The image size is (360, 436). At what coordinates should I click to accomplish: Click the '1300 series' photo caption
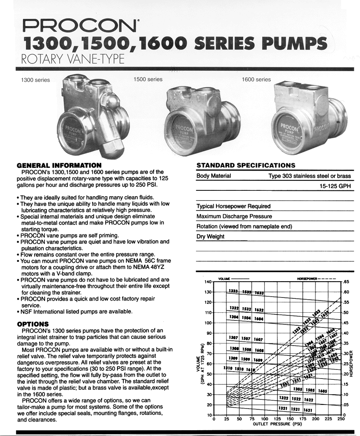[x=36, y=81]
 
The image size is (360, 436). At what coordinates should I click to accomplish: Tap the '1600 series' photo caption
[x=256, y=80]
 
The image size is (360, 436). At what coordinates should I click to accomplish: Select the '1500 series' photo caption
[x=148, y=80]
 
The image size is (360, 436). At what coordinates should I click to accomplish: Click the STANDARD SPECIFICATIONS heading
[x=246, y=165]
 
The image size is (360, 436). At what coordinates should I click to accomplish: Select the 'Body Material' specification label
[x=214, y=176]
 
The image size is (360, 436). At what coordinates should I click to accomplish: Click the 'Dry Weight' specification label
[x=211, y=236]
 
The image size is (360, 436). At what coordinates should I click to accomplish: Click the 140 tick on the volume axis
[x=208, y=282]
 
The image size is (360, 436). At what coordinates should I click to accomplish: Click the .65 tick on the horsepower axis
[x=347, y=282]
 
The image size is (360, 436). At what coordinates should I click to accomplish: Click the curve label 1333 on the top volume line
[x=234, y=291]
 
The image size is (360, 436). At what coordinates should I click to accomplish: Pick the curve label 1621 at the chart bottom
[x=308, y=410]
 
